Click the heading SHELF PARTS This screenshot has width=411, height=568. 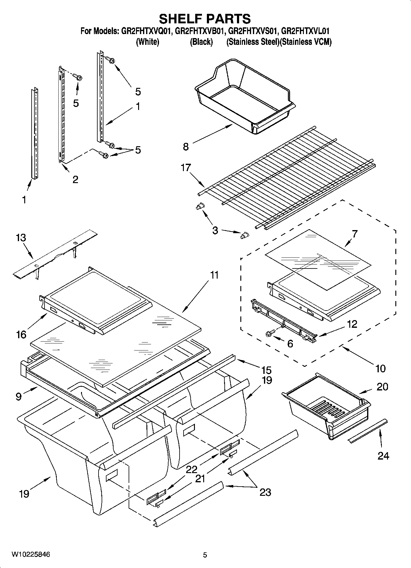[205, 19]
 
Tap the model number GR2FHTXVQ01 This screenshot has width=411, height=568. [147, 31]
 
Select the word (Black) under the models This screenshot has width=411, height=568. [201, 42]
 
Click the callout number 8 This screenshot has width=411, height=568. [186, 147]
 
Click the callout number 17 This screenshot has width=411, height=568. [186, 168]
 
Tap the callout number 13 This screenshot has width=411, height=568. [21, 238]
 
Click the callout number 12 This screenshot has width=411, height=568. [352, 324]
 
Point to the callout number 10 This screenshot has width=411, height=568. [380, 368]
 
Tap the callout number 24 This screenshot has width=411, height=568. [383, 456]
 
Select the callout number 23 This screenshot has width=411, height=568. [265, 492]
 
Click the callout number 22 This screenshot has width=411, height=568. [191, 469]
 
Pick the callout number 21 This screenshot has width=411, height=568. [200, 479]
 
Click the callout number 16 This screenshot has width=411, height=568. [21, 334]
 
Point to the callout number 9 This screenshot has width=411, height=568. [19, 397]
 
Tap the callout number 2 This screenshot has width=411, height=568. [75, 179]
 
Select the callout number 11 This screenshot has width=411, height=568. [214, 275]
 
